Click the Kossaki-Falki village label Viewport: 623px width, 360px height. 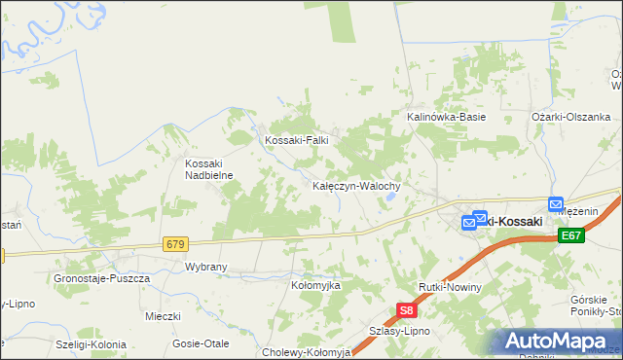click(x=297, y=140)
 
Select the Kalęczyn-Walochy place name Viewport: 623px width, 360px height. click(x=363, y=185)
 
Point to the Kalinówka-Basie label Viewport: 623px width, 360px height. click(x=446, y=117)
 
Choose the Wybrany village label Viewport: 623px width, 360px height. click(x=205, y=266)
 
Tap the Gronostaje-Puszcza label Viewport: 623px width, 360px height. click(x=102, y=278)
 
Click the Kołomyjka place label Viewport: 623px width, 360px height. click(x=315, y=285)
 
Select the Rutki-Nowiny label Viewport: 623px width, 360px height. click(x=448, y=288)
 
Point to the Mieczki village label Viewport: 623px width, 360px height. click(x=163, y=316)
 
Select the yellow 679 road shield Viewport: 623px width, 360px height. click(x=175, y=244)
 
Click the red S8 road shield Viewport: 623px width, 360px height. click(x=407, y=311)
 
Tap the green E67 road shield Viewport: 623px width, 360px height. click(x=571, y=236)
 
